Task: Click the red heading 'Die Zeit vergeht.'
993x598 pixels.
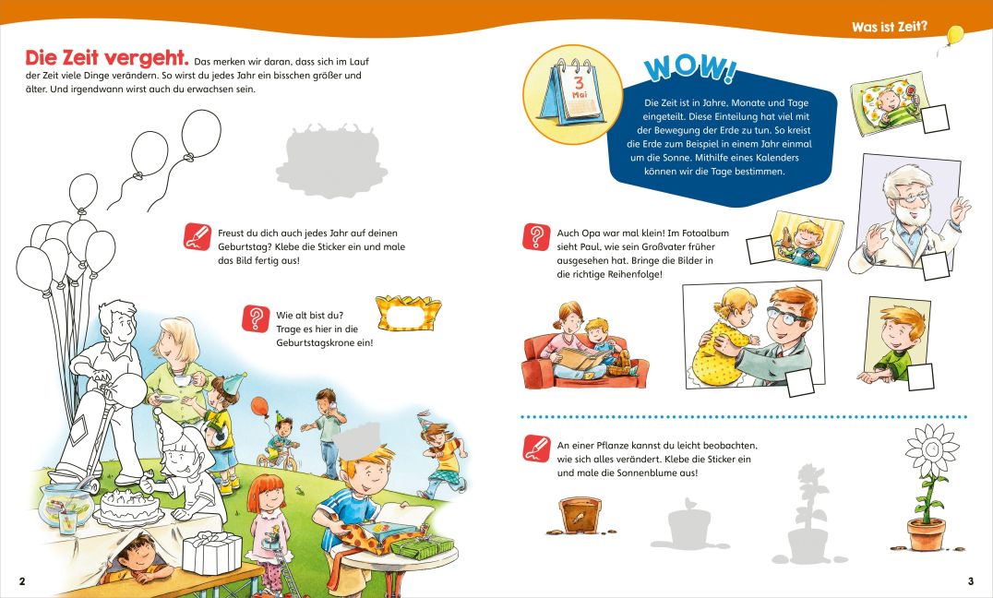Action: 107,58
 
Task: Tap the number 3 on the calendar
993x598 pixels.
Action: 579,82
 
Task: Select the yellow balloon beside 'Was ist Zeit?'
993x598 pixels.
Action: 954,34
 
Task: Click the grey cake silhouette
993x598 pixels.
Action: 331,161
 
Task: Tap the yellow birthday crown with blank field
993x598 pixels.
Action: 408,313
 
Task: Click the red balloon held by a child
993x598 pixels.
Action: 259,406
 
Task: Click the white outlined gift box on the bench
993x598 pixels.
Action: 212,553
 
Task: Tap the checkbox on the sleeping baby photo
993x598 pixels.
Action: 935,118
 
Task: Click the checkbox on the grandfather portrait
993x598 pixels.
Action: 936,266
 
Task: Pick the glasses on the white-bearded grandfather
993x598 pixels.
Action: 911,197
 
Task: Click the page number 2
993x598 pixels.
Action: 22,580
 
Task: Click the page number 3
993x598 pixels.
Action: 970,580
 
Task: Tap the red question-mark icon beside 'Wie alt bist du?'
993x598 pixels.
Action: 256,318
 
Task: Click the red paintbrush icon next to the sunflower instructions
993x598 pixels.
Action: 536,448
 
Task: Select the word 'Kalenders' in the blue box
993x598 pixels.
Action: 777,158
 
